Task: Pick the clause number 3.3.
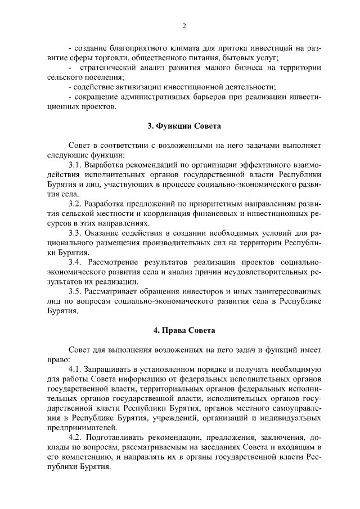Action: [x=75, y=232]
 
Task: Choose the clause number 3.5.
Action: [x=75, y=291]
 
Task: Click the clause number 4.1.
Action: [x=75, y=369]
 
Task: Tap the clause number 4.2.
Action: [x=75, y=437]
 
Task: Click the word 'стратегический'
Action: [x=109, y=67]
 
